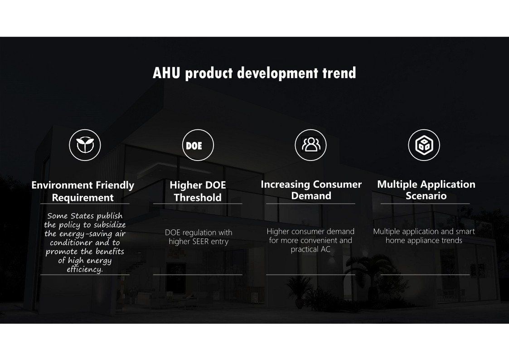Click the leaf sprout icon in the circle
[x=85, y=145]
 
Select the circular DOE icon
[x=198, y=145]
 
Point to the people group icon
[x=310, y=145]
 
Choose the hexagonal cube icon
[x=424, y=145]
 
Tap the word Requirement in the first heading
[x=83, y=197]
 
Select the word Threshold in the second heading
[x=198, y=197]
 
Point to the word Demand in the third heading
[x=311, y=196]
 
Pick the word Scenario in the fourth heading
[x=426, y=196]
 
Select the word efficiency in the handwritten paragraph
[x=85, y=269]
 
